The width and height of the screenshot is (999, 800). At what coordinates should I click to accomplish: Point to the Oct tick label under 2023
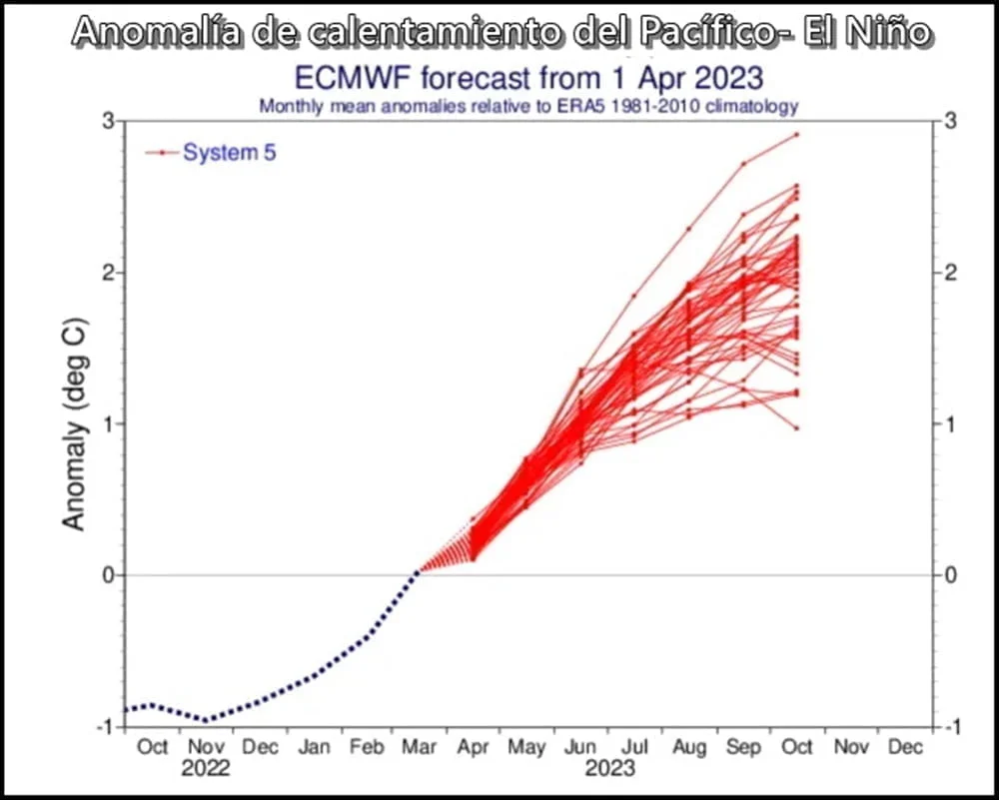click(x=796, y=746)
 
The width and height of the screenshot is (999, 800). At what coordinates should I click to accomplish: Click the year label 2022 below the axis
click(x=206, y=769)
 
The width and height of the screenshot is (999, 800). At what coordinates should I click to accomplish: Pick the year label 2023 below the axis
click(x=609, y=769)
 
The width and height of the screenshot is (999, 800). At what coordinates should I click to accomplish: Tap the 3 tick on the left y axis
click(x=106, y=121)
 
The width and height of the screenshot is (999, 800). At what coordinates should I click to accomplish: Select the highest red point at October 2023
click(x=796, y=134)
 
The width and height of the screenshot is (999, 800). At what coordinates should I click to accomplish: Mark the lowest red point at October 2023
click(x=796, y=428)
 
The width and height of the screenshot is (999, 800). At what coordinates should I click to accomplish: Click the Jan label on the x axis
click(x=314, y=746)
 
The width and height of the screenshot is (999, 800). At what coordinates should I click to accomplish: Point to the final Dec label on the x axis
click(x=905, y=746)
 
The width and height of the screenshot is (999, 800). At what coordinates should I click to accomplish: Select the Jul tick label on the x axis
click(x=634, y=746)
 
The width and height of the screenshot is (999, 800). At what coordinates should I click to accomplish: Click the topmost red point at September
click(x=743, y=163)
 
